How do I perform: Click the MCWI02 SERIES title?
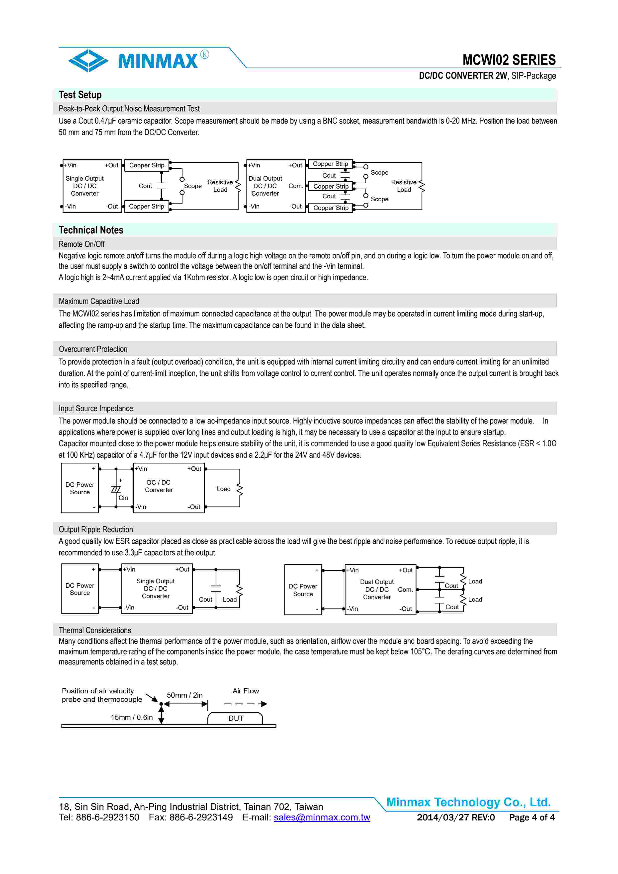[x=509, y=60]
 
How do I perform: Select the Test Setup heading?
[x=80, y=95]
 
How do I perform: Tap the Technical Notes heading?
[x=91, y=230]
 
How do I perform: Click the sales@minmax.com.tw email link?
[x=322, y=817]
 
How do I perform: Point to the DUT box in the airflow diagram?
[x=235, y=718]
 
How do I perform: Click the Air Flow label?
[x=246, y=691]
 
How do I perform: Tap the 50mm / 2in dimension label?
[x=185, y=695]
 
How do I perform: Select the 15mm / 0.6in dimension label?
[x=132, y=718]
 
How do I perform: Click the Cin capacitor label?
[x=123, y=498]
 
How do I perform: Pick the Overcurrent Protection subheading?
[x=93, y=349]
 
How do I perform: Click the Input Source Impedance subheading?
[x=95, y=408]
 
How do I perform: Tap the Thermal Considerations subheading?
[x=95, y=630]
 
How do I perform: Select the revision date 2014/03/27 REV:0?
[x=456, y=817]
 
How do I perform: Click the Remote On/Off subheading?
[x=82, y=244]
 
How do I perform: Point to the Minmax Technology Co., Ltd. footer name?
[x=468, y=802]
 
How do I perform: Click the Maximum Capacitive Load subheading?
[x=99, y=301]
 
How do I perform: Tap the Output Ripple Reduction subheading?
[x=95, y=529]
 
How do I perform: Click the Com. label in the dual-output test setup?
[x=295, y=186]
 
